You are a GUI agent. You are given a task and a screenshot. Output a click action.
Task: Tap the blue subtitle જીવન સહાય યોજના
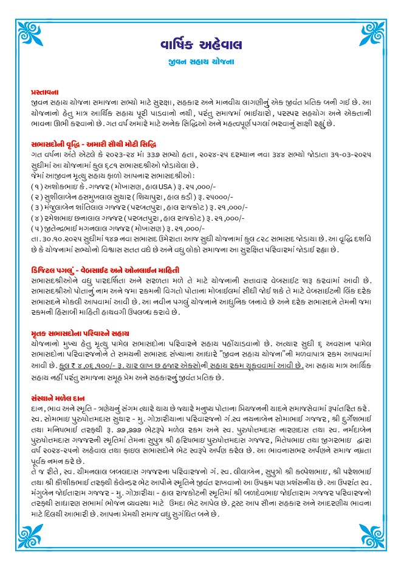203,62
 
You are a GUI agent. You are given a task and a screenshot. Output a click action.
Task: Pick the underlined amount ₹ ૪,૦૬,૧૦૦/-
80,366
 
